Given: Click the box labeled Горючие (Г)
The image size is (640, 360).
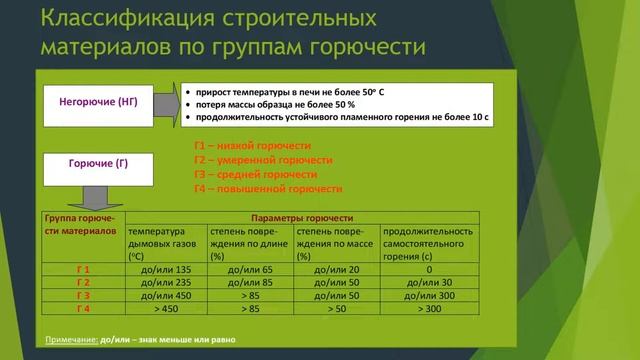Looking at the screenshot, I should (x=98, y=162).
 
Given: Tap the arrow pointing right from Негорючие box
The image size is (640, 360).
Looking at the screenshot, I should (x=167, y=102).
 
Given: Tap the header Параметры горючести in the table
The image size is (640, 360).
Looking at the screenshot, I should (x=301, y=218).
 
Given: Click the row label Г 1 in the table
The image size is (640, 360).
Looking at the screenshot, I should (x=83, y=269).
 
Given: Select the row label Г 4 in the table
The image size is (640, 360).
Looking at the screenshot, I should (x=83, y=309).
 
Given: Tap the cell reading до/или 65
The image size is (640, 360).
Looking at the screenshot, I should (x=251, y=269).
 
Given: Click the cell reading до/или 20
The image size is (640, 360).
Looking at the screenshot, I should (x=337, y=269).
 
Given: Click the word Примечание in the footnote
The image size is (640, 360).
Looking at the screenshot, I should (x=71, y=340).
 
